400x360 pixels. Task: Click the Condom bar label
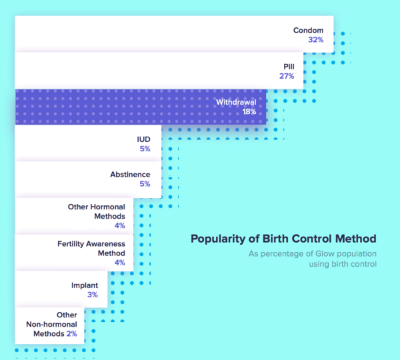point(308,30)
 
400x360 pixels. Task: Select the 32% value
point(315,40)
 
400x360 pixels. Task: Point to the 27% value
point(287,77)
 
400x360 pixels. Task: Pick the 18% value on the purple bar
point(249,112)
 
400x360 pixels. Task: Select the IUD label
point(143,139)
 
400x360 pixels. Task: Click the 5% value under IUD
point(145,149)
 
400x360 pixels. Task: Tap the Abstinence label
point(130,175)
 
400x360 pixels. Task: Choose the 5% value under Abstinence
point(145,185)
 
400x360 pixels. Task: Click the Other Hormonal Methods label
point(96,211)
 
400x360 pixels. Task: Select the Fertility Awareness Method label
point(91,249)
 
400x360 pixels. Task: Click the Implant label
point(85,285)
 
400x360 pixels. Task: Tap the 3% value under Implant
point(92,295)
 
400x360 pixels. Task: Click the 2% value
point(71,333)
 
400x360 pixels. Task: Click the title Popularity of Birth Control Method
point(283,239)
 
